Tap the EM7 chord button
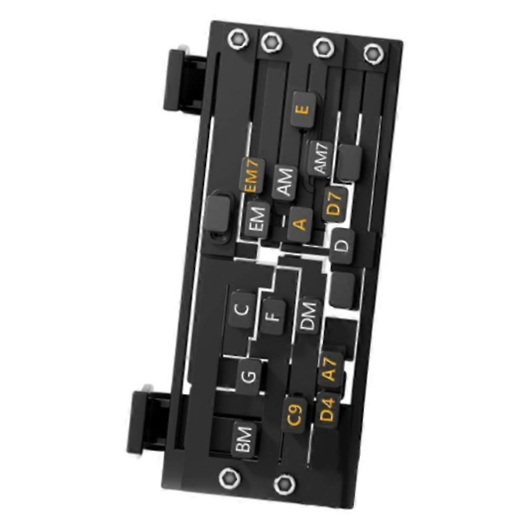pyautogui.click(x=252, y=175)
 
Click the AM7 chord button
pyautogui.click(x=320, y=158)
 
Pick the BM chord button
pyautogui.click(x=244, y=439)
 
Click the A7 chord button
pyautogui.click(x=331, y=369)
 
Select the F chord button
pyautogui.click(x=273, y=316)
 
